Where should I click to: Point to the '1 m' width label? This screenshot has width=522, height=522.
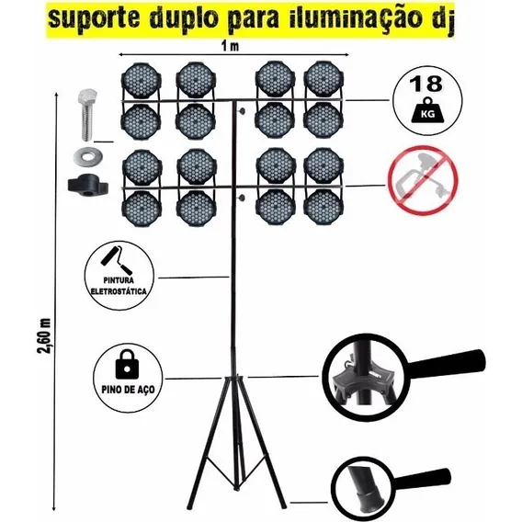tap(230, 46)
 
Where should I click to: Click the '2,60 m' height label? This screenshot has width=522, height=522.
tap(45, 336)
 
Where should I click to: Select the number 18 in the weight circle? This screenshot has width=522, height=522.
tap(427, 85)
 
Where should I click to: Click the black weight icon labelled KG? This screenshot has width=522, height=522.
tap(427, 110)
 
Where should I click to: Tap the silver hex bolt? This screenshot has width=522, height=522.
tap(87, 114)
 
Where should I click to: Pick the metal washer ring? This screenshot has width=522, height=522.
tap(87, 155)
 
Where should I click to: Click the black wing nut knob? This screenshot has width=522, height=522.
tap(88, 186)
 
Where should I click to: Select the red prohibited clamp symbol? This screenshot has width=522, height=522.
tap(423, 180)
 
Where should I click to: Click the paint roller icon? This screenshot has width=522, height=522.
tap(116, 261)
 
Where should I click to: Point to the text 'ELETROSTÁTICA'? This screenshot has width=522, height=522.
tap(119, 291)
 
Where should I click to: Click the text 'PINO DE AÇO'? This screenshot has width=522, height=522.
tap(128, 389)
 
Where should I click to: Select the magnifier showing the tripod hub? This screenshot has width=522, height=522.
tap(366, 378)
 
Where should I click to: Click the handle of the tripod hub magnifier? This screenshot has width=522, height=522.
tap(446, 364)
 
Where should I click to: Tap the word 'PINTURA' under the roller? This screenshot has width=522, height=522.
tap(119, 280)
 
